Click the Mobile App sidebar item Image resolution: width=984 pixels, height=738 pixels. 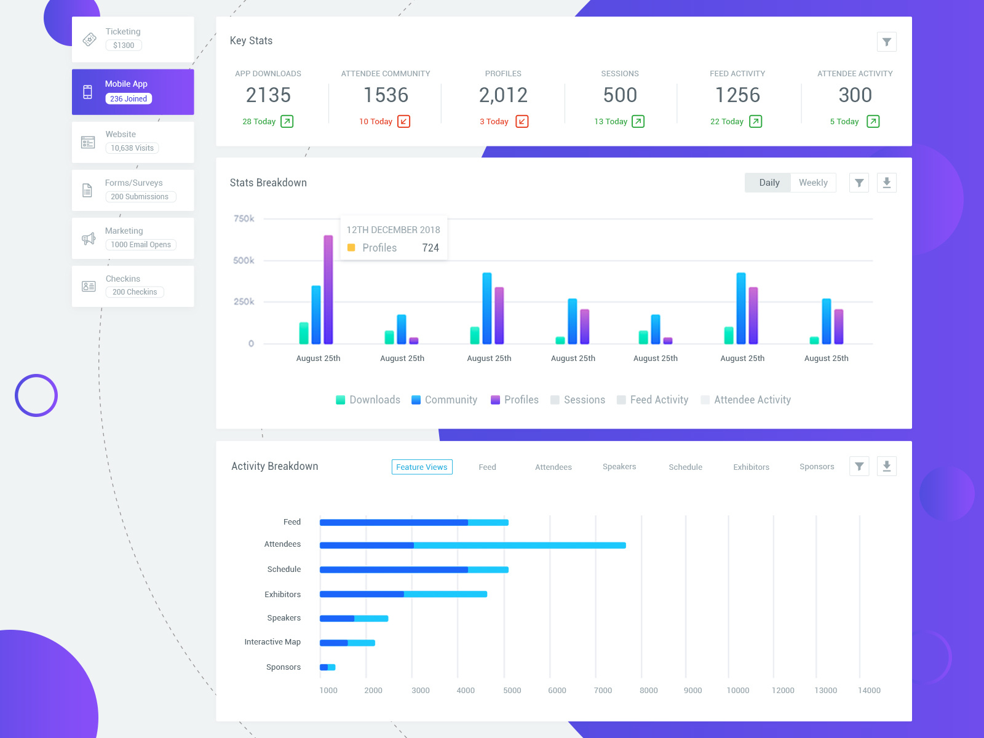[133, 92]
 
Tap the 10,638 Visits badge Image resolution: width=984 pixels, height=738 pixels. [132, 148]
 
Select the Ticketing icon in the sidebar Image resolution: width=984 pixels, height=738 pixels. [89, 39]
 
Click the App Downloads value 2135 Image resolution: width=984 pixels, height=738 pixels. [268, 95]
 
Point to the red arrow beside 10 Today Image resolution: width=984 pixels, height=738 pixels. [403, 121]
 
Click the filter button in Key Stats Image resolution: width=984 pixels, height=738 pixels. [886, 42]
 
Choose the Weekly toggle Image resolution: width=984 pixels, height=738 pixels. [813, 183]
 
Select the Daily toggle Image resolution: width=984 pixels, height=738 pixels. [769, 183]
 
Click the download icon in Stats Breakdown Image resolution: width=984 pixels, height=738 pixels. [886, 183]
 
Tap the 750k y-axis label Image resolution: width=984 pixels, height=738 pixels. [244, 218]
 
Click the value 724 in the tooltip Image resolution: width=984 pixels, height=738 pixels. [430, 248]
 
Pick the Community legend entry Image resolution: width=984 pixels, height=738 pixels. [444, 400]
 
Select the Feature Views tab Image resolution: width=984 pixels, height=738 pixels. [422, 467]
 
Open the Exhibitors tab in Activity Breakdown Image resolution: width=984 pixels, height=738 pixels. [751, 467]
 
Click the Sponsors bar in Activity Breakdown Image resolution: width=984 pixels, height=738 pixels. [327, 667]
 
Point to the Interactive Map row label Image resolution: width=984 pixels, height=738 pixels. [272, 641]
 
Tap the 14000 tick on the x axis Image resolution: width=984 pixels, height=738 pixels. [869, 690]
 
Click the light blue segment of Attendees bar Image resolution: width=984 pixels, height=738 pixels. [520, 546]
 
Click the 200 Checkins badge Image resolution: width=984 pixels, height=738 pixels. [135, 292]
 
